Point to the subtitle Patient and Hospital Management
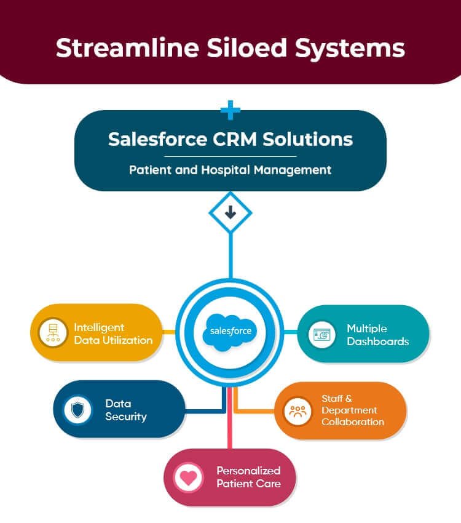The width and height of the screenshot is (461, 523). point(230,170)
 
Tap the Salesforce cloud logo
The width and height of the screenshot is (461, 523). point(230,330)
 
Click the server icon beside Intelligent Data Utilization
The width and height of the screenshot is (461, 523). point(53,333)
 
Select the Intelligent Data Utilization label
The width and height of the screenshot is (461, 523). point(113,333)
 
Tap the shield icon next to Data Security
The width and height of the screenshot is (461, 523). point(77,410)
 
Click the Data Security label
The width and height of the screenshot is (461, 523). point(125,410)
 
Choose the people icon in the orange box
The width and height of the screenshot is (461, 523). point(297,410)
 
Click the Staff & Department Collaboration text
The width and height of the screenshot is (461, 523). point(352,410)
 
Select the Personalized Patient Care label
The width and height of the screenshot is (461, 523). point(248,477)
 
